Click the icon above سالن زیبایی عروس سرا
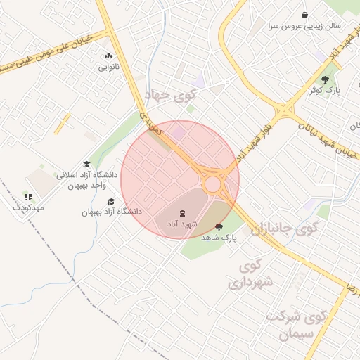304,15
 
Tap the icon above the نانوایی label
108,56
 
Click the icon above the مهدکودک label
28,197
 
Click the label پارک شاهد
219,238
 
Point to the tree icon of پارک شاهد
219,227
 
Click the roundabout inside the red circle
212,183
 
